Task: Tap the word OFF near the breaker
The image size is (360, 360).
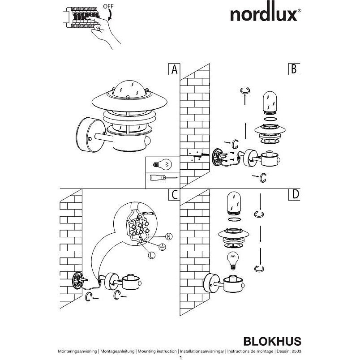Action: [x=108, y=6]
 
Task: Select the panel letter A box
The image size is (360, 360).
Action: [x=174, y=69]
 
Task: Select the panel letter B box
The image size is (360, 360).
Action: [x=294, y=69]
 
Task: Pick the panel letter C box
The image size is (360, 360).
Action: [x=174, y=195]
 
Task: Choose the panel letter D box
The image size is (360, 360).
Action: [x=294, y=195]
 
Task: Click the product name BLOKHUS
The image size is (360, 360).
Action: [x=272, y=341]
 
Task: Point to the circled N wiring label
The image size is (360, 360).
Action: [x=169, y=236]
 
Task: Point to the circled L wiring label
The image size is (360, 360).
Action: [x=151, y=255]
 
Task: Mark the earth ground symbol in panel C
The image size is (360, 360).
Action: [x=163, y=247]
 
